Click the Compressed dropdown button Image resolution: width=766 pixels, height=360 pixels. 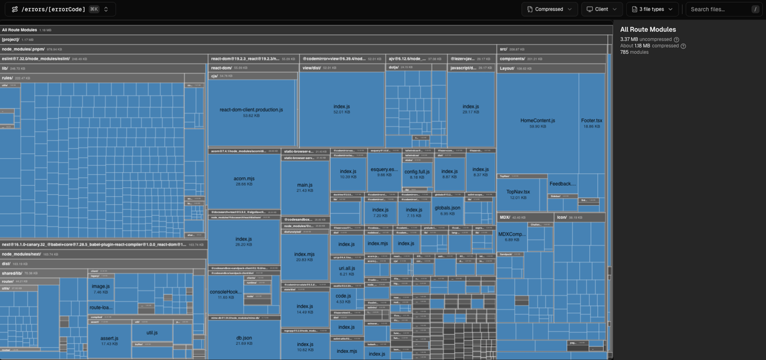tap(550, 9)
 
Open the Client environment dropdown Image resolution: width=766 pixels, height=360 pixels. tap(602, 9)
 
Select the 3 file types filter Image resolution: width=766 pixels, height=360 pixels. tap(652, 9)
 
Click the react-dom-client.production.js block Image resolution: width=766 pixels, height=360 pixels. tap(251, 112)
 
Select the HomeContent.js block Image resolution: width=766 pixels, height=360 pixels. tap(537, 123)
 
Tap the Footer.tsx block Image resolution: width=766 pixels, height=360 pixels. tap(592, 123)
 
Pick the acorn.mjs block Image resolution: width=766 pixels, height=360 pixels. tap(244, 181)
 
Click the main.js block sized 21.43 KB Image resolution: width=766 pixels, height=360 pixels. tap(305, 187)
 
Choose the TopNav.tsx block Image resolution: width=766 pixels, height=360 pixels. tap(518, 194)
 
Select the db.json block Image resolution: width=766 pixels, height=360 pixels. tap(244, 340)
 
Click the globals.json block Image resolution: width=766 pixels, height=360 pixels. tap(447, 210)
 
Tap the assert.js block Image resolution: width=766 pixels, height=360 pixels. tap(109, 340)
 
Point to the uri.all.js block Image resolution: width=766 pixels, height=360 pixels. tap(347, 270)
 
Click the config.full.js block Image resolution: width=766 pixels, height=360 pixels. tap(417, 174)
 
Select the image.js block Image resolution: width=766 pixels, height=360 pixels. tap(101, 288)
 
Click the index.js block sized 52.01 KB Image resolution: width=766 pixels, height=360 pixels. tap(342, 109)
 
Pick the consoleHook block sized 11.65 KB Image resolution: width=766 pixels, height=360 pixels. tap(226, 294)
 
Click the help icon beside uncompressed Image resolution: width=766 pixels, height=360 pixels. tap(676, 40)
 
